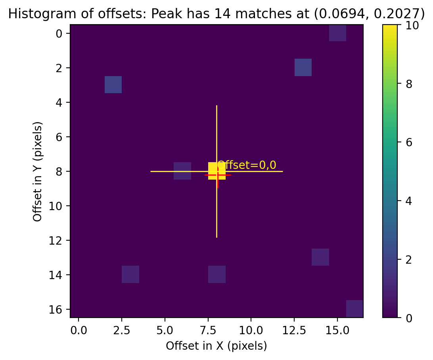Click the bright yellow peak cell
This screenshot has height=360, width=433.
[x=217, y=170]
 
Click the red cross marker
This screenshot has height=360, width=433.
[x=218, y=175]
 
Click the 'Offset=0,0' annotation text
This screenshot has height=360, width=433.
[x=247, y=165]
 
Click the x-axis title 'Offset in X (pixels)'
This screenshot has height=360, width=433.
[x=216, y=346]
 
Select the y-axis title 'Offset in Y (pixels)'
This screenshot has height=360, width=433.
[x=38, y=171]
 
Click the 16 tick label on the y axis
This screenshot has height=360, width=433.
[x=59, y=309]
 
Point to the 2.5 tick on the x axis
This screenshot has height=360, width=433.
[x=113, y=330]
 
